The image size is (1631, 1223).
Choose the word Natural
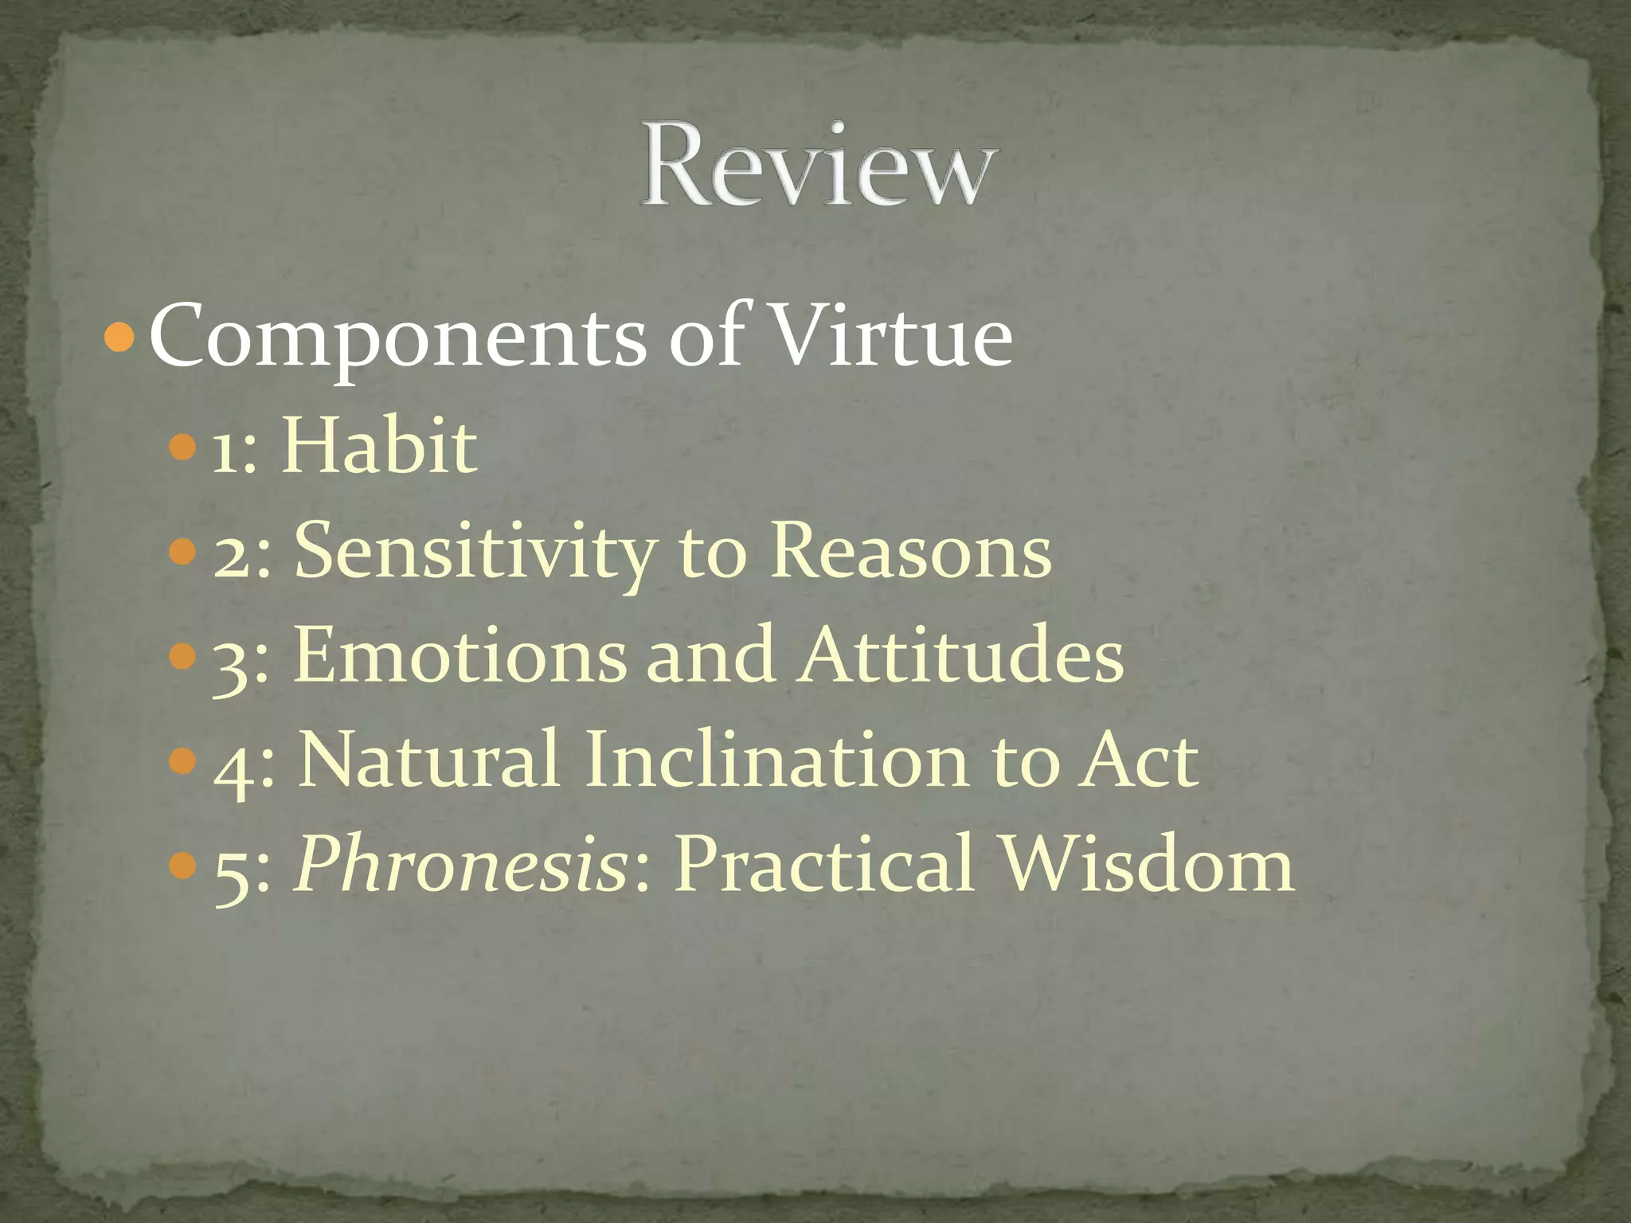428,760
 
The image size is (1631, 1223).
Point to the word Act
1137,760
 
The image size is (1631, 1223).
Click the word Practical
824,864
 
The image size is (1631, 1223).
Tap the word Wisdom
1148,864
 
